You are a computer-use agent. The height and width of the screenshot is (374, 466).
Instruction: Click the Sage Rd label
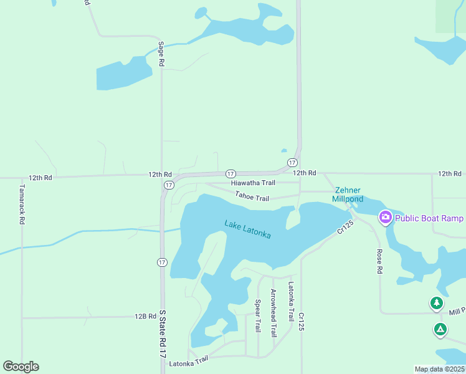click(161, 54)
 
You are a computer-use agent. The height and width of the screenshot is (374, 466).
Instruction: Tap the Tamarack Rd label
click(22, 204)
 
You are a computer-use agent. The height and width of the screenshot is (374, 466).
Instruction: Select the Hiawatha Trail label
click(253, 183)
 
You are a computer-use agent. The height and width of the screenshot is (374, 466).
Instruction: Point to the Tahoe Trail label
click(252, 197)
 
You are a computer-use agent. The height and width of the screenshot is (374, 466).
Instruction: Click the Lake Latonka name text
click(248, 229)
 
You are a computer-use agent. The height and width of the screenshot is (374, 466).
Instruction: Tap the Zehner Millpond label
click(348, 194)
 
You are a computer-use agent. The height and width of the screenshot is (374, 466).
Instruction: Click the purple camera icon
click(385, 217)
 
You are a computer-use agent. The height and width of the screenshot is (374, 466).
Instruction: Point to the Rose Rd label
click(379, 262)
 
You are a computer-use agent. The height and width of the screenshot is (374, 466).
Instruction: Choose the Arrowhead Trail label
click(273, 313)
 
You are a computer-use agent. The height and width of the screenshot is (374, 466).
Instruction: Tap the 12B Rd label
click(145, 317)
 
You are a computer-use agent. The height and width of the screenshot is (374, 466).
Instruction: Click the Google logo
click(21, 367)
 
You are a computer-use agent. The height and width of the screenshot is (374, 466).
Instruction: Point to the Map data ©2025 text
click(439, 369)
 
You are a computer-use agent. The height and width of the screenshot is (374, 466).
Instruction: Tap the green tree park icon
click(437, 304)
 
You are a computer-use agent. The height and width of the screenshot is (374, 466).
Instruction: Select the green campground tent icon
click(440, 329)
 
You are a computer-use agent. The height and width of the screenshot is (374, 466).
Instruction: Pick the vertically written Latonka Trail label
click(290, 302)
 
